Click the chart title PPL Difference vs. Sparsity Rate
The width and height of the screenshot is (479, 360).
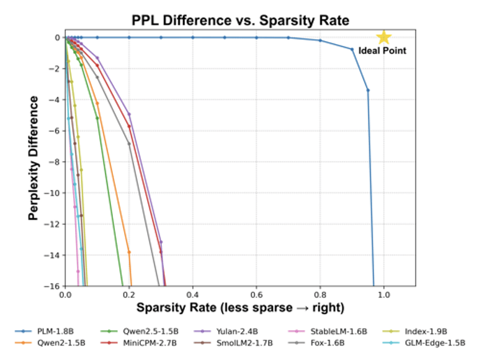coord(240,20)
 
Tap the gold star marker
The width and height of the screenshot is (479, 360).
coord(383,37)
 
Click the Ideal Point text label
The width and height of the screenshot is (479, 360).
coord(383,51)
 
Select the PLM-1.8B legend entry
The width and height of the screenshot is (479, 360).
coord(43,331)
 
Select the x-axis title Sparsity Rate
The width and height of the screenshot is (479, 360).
coord(240,307)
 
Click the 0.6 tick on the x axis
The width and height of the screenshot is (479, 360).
coord(256,295)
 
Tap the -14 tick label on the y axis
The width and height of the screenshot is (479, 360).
coord(54,255)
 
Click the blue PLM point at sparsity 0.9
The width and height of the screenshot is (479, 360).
coord(352,49)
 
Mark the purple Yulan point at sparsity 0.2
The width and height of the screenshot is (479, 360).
coord(129,114)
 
